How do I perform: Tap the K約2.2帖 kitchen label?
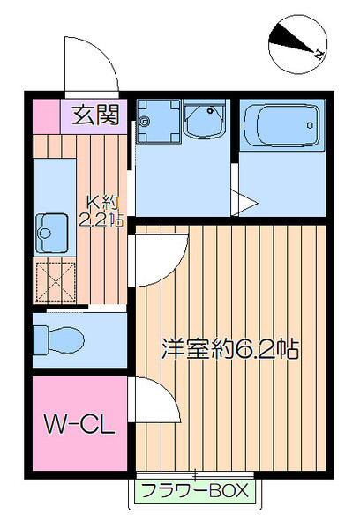(x=101, y=212)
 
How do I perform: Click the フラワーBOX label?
(x=196, y=491)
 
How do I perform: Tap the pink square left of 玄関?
(x=46, y=114)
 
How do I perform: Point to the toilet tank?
(x=40, y=337)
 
